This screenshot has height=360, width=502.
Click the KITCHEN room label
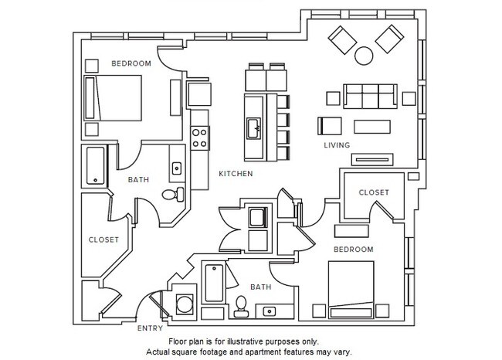pyautogui.click(x=236, y=174)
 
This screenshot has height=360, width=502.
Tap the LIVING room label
pyautogui.click(x=337, y=145)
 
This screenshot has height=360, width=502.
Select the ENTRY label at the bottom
pyautogui.click(x=149, y=328)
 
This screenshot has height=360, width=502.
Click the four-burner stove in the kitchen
pyautogui.click(x=199, y=137)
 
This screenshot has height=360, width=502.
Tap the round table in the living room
pyautogui.click(x=363, y=55)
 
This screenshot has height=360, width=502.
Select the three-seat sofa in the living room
pyautogui.click(x=368, y=97)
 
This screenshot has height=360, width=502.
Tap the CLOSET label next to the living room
pyautogui.click(x=374, y=192)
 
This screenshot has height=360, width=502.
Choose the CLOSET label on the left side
pyautogui.click(x=103, y=239)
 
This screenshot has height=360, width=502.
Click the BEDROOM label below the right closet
pyautogui.click(x=353, y=250)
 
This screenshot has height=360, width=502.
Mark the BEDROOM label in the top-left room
pyautogui.click(x=131, y=63)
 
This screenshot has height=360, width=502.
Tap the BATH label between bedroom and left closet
pyautogui.click(x=137, y=180)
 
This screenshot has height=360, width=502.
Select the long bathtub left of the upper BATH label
pyautogui.click(x=96, y=165)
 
